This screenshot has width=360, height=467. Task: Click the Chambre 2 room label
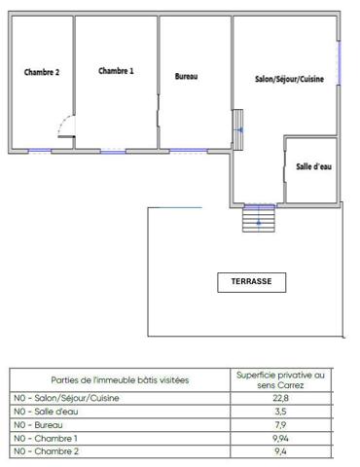42,73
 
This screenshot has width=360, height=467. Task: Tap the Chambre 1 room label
116,71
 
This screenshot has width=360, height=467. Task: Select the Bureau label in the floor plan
186,76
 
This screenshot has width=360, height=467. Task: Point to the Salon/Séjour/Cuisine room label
289,79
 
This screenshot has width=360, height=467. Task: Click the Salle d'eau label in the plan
313,167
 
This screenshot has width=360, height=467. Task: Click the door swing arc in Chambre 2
64,125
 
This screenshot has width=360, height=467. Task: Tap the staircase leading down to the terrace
259,221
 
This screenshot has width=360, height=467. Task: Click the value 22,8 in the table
281,398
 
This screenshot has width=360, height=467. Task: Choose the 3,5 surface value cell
281,412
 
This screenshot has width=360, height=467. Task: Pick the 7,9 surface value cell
281,425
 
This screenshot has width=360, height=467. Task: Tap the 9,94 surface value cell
281,439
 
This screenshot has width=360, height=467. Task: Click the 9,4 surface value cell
281,452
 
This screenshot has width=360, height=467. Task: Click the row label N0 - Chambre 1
44,439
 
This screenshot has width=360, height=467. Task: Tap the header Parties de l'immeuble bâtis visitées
120,379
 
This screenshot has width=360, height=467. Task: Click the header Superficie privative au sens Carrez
281,378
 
